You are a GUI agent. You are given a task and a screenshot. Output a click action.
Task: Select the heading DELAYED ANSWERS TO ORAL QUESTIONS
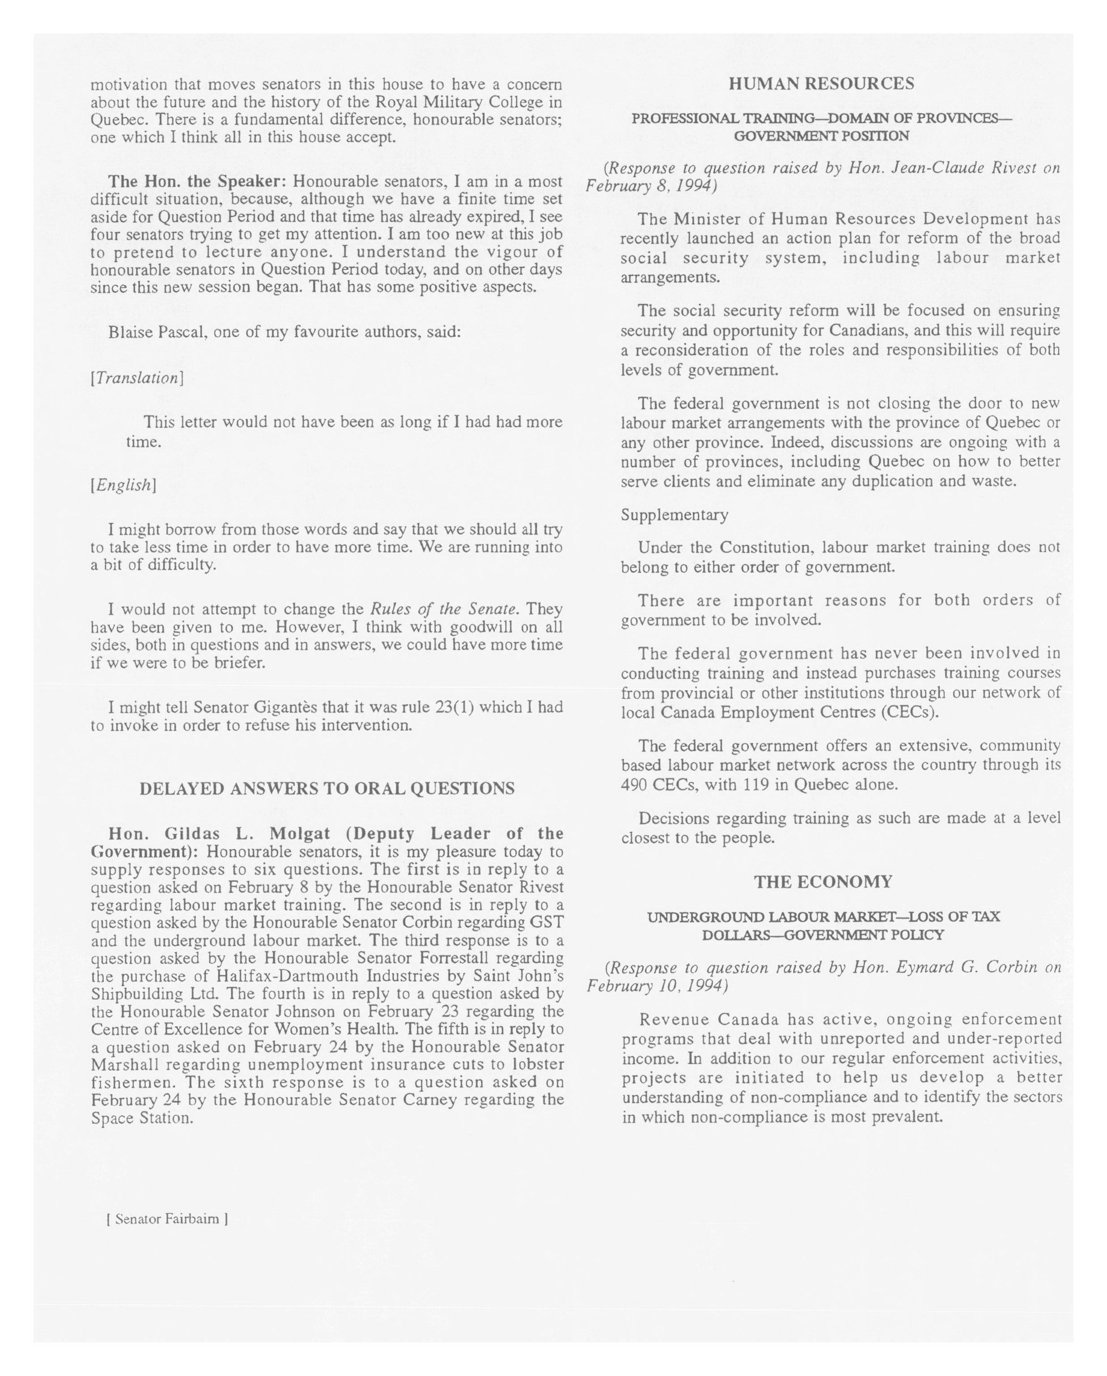coord(327,788)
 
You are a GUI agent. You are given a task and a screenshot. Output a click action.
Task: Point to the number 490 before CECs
coord(635,784)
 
